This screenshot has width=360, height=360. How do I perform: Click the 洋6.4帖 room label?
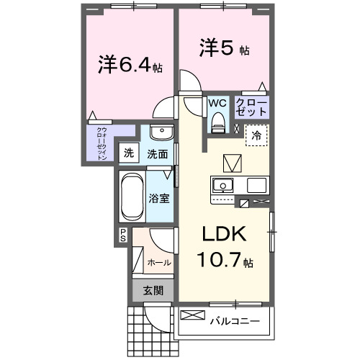click(x=130, y=66)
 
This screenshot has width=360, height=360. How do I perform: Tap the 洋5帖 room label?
click(x=225, y=48)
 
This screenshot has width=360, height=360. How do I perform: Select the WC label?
click(x=217, y=103)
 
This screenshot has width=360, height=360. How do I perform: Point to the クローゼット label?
click(x=252, y=108)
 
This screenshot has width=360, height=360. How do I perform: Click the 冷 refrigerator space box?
click(x=256, y=134)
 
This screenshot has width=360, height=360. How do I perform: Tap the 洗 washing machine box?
click(x=129, y=153)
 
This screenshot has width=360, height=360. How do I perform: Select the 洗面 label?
click(x=158, y=153)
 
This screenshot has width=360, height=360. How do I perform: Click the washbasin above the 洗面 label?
click(x=161, y=133)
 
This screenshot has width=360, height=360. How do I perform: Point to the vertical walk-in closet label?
click(x=102, y=143)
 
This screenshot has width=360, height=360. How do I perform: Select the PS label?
click(x=123, y=234)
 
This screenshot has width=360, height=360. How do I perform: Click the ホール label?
click(x=158, y=263)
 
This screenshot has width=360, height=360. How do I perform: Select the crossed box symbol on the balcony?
click(x=192, y=315)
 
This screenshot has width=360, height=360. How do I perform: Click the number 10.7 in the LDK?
click(x=220, y=261)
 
